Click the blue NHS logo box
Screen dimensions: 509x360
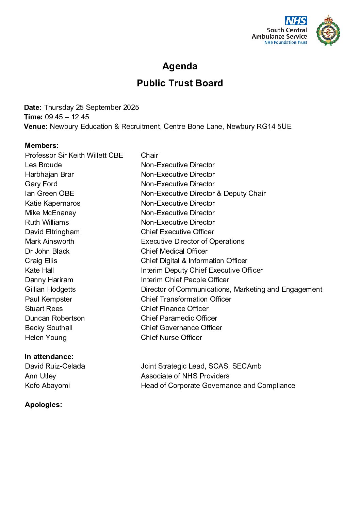click(296, 21)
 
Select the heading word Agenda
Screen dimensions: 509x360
click(180, 66)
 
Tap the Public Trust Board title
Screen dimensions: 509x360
click(180, 83)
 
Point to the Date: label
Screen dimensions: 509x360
click(33, 107)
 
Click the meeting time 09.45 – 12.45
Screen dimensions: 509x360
click(67, 117)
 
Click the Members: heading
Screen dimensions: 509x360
click(42, 146)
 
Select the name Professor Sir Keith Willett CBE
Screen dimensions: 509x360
click(74, 155)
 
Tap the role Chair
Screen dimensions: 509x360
click(149, 155)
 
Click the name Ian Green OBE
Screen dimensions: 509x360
click(49, 193)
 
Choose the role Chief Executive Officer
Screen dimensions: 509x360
click(177, 232)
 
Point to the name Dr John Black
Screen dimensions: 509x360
click(47, 251)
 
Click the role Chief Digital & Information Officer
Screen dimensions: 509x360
click(194, 261)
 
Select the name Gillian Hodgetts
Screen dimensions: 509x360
click(50, 289)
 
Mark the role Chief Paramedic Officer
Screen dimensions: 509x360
click(179, 318)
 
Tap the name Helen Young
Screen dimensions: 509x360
click(46, 338)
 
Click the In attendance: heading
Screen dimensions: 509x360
click(49, 357)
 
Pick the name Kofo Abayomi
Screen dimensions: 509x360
click(47, 386)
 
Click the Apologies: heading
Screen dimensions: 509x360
click(43, 405)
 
